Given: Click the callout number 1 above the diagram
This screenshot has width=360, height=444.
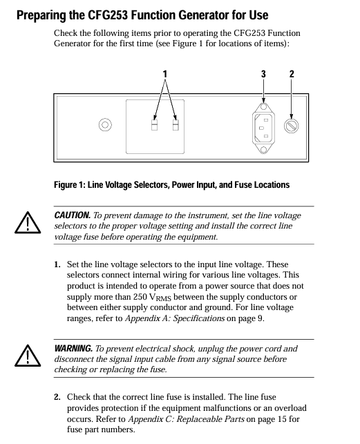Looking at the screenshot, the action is coord(165,74).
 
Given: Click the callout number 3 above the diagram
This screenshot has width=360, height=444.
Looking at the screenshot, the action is coord(263,74).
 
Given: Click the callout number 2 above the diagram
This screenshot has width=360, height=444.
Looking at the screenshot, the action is coord(292,74).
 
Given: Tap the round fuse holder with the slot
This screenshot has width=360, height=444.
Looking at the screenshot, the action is coord(291,126).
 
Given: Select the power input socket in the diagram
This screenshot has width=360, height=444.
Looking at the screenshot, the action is coord(263,128).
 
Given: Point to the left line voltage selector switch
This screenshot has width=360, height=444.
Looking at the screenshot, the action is coord(155,125).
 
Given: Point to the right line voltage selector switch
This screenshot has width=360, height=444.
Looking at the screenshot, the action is coord(176,125).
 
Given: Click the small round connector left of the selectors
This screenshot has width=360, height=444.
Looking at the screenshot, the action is coord(105,124).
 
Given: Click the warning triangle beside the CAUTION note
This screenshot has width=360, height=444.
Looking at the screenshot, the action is coord(28,222).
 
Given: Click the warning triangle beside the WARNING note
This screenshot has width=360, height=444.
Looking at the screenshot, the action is coord(28,356).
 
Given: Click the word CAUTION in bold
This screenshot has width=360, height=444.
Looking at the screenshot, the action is coord(73,215).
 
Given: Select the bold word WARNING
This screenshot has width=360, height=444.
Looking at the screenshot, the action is coord(73,348).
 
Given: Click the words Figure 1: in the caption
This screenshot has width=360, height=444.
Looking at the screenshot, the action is coord(70,185).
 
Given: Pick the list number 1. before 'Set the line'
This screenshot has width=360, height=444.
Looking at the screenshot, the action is coord(57,264).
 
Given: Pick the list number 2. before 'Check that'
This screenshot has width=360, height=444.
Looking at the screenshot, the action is coord(57,397).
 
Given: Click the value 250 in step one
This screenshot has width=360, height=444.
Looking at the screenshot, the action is coord(140,297).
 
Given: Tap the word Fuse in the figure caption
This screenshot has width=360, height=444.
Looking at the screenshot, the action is coord(243,185).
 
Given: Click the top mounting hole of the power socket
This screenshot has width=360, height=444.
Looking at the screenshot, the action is coord(264,107).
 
